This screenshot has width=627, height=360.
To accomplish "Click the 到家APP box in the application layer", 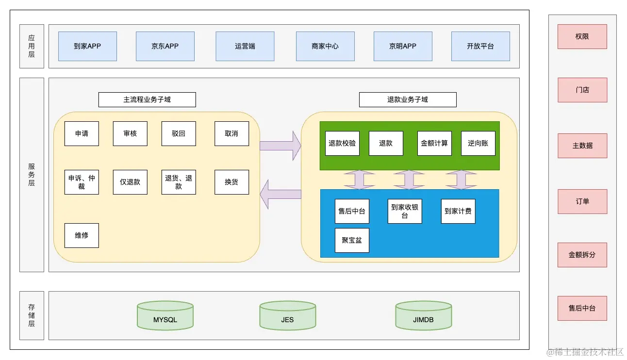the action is pyautogui.click(x=88, y=46).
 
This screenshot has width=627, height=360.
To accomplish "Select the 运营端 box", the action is pyautogui.click(x=245, y=46).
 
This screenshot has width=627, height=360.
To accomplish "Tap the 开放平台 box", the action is pyautogui.click(x=480, y=46).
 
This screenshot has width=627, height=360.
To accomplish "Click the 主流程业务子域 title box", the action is pyautogui.click(x=147, y=99).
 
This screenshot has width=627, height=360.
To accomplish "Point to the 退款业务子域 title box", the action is pyautogui.click(x=408, y=99).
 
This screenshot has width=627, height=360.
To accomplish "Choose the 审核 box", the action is pyautogui.click(x=130, y=133).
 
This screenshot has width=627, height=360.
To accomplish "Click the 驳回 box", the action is pyautogui.click(x=179, y=133).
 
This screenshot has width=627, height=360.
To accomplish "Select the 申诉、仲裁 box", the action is pyautogui.click(x=82, y=182).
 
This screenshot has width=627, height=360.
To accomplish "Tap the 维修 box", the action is pyautogui.click(x=82, y=235).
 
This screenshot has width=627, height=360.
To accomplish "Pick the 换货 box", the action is pyautogui.click(x=232, y=182).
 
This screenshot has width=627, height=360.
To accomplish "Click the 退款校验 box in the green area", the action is pyautogui.click(x=342, y=143).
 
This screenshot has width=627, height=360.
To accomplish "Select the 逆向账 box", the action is pyautogui.click(x=478, y=143).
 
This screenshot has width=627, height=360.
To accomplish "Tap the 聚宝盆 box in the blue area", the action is pyautogui.click(x=352, y=241).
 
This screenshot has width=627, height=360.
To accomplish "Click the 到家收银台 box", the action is pyautogui.click(x=405, y=212).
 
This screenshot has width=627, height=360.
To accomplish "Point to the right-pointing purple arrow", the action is pyautogui.click(x=280, y=146).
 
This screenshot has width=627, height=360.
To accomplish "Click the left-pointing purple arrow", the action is pyautogui.click(x=280, y=194).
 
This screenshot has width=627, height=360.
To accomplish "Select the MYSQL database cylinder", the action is pyautogui.click(x=165, y=315).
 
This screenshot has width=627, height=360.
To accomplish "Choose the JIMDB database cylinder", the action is pyautogui.click(x=424, y=315).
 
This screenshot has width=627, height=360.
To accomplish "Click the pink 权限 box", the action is pyautogui.click(x=582, y=37).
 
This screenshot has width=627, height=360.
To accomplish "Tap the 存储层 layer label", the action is pyautogui.click(x=32, y=315).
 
